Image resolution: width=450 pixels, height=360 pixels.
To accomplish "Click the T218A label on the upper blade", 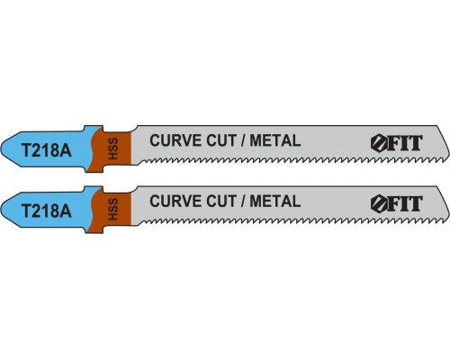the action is (47, 150).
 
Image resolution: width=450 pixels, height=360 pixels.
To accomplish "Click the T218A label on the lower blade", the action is (47, 211).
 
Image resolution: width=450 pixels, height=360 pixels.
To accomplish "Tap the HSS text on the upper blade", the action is (113, 148).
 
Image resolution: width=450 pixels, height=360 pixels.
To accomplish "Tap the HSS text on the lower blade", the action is (113, 209).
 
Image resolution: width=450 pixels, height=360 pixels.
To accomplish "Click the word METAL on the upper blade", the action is (275, 140).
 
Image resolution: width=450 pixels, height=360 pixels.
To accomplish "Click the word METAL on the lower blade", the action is (275, 201).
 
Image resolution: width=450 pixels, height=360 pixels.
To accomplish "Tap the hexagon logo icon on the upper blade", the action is (380, 143).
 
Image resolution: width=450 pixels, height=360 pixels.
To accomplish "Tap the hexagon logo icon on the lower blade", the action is (380, 204).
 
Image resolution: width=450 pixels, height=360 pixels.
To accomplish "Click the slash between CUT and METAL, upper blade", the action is (243, 140).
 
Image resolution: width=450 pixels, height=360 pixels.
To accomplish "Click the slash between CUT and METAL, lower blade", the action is (243, 201).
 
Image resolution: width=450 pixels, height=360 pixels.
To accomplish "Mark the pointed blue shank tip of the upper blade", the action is (1, 149).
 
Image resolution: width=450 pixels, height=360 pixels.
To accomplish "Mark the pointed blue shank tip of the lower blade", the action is (1, 210).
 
